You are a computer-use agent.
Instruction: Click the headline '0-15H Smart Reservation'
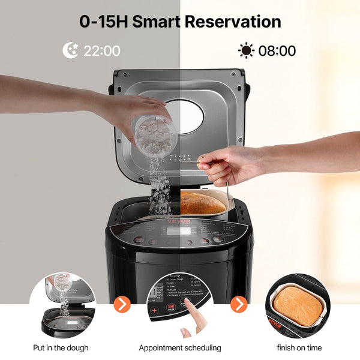point(180,22)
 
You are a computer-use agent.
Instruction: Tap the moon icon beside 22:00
point(70,50)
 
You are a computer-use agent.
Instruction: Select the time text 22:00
point(101,51)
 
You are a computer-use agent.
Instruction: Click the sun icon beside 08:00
point(246,50)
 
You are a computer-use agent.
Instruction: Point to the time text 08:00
point(277,51)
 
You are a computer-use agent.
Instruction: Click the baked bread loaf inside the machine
point(203,203)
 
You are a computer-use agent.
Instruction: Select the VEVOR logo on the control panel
point(178,221)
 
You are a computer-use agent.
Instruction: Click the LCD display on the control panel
point(178,230)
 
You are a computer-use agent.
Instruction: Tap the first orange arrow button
point(122,304)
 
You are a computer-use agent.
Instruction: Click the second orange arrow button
point(239,304)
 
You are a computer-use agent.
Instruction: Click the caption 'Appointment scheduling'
point(180,347)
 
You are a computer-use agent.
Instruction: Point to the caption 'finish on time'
point(299,347)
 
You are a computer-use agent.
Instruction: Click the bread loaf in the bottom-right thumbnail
point(298,305)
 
